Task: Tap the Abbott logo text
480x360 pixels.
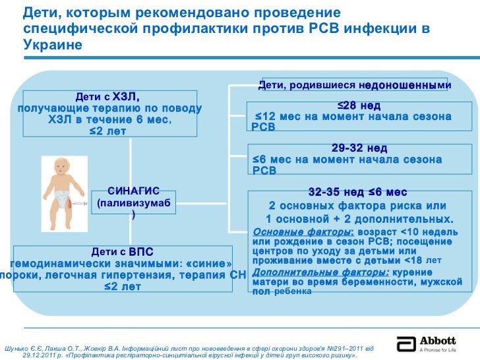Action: point(436,341)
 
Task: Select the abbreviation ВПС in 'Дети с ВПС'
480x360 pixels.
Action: point(140,252)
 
